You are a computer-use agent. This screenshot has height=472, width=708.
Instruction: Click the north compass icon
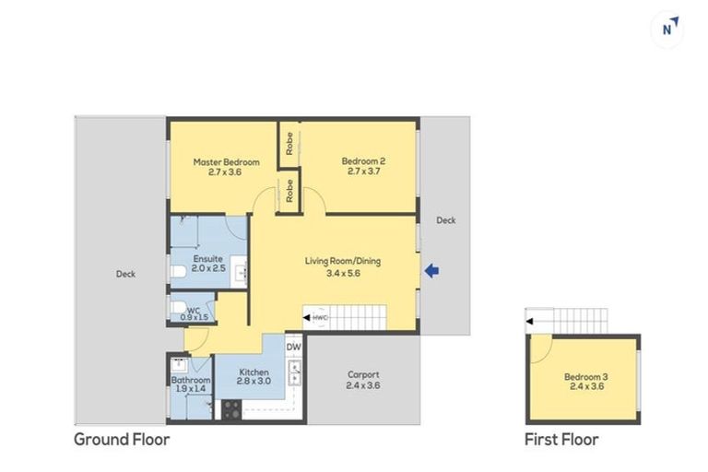tap(668, 28)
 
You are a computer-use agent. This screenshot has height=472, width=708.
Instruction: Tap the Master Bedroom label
tap(226, 167)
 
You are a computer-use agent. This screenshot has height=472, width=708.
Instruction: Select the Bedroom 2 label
tap(366, 166)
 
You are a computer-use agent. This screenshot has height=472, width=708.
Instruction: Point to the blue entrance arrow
tap(431, 270)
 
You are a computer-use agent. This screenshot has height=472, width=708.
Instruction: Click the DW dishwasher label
tap(294, 348)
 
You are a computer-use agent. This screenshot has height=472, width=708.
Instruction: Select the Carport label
tap(364, 380)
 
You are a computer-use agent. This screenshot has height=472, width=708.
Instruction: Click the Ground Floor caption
tap(122, 440)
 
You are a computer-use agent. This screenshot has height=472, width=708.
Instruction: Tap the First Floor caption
tap(561, 440)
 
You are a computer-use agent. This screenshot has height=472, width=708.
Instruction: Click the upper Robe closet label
tap(289, 143)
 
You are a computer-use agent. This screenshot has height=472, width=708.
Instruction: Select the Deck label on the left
tap(126, 274)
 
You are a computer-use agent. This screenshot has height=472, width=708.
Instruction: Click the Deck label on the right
tap(446, 220)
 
